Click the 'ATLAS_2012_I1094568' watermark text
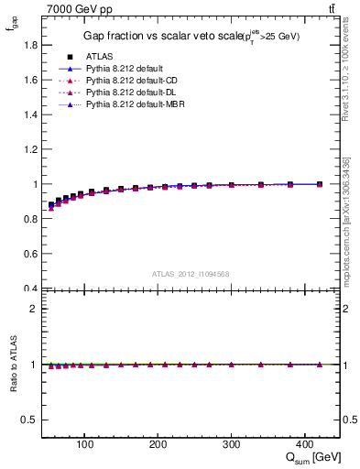coord(191,274)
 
